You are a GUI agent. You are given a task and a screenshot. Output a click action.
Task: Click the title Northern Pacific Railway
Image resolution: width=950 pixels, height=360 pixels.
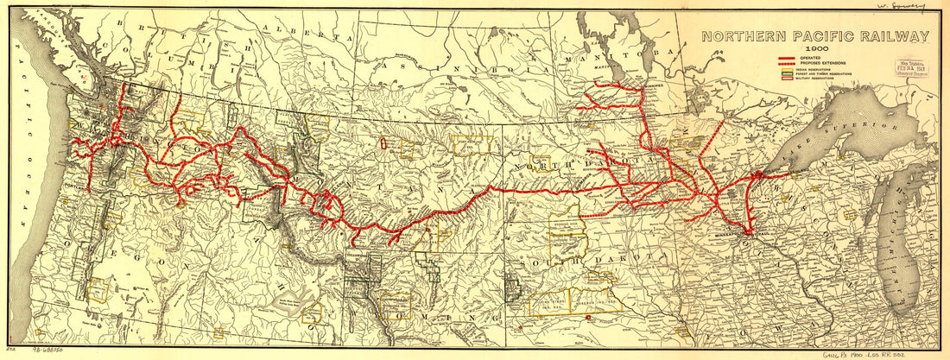pos(815,36)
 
